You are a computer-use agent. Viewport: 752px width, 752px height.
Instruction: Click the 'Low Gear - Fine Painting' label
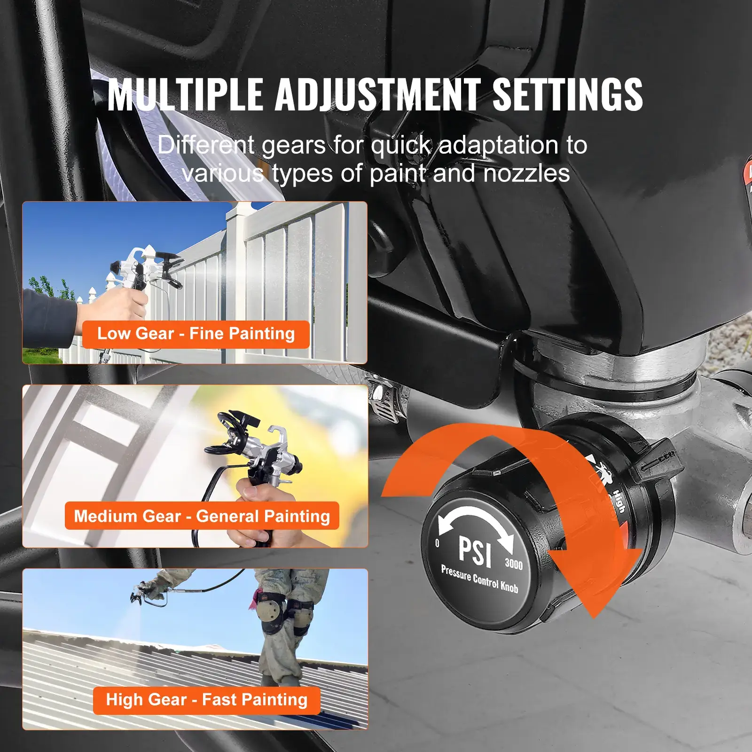[x=196, y=334]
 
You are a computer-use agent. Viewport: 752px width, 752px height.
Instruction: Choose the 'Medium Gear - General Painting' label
[x=202, y=516]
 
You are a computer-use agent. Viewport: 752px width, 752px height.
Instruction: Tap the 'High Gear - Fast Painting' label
[x=207, y=699]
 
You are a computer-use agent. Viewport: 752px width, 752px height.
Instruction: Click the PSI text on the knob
[x=475, y=550]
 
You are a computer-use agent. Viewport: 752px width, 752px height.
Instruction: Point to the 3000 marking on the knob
[x=514, y=564]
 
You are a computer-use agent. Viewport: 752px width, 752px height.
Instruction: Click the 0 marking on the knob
[x=437, y=543]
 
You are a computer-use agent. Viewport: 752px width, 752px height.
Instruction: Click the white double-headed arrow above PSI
[x=475, y=522]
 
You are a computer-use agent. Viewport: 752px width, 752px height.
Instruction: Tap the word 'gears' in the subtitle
[x=294, y=145]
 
